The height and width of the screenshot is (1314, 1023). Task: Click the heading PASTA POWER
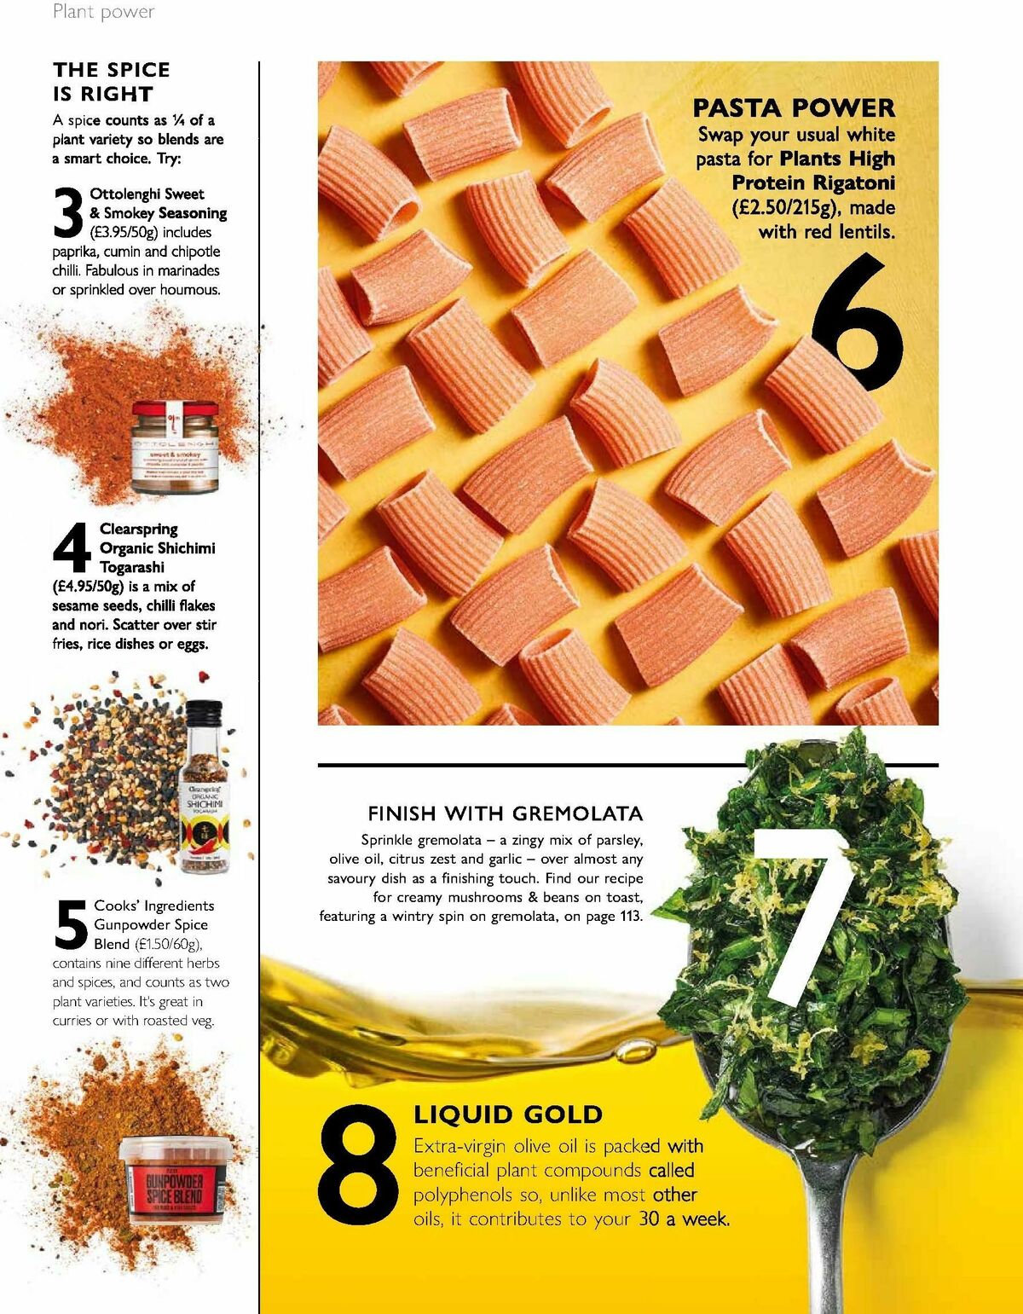click(x=794, y=108)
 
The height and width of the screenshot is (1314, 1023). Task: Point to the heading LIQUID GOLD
click(x=508, y=1114)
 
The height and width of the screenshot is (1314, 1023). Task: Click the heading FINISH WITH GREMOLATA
click(x=505, y=813)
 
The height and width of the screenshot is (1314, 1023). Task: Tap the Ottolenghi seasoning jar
click(x=175, y=447)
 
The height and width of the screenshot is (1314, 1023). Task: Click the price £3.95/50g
click(x=124, y=233)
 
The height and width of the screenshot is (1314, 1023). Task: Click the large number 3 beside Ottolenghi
click(x=68, y=213)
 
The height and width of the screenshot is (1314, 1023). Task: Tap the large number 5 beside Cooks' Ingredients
click(x=71, y=925)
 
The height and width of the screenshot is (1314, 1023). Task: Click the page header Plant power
click(x=103, y=12)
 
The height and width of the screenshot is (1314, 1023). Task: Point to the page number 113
click(x=629, y=917)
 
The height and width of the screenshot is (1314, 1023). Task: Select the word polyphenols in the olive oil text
click(x=465, y=1195)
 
